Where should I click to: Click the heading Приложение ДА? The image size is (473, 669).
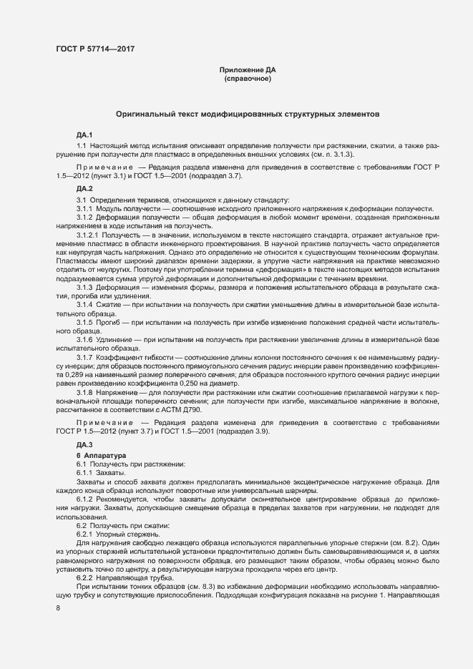(248, 69)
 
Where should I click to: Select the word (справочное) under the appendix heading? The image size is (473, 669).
(248, 78)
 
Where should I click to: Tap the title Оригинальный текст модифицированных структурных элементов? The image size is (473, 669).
(248, 114)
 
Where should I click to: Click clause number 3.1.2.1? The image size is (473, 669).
(88, 234)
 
